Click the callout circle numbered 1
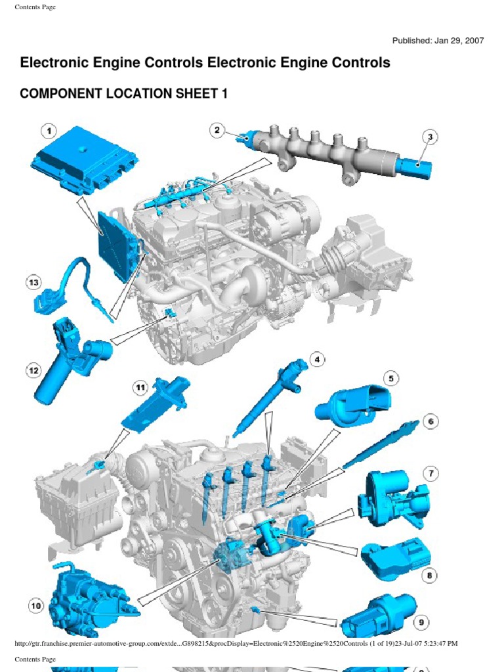click(49, 131)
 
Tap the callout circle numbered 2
click(217, 131)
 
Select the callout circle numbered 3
click(430, 137)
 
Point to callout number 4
click(317, 359)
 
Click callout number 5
click(391, 378)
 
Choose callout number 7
click(430, 473)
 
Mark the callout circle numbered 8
click(430, 576)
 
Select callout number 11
click(140, 388)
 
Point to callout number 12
click(33, 371)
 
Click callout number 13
click(33, 283)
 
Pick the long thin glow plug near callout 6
click(381, 446)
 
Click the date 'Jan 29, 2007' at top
click(458, 41)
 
